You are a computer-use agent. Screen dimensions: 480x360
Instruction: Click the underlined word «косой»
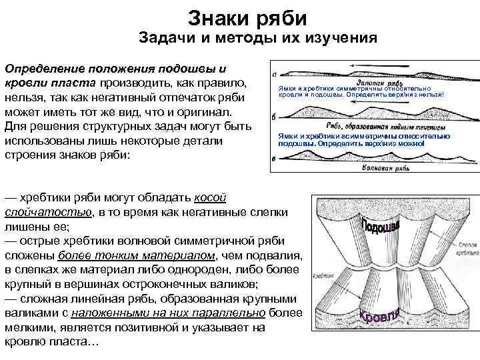[210, 198]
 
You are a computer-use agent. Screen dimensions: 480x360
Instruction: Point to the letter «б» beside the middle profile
[275, 118]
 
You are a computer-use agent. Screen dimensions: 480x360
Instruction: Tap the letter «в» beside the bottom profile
[275, 158]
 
